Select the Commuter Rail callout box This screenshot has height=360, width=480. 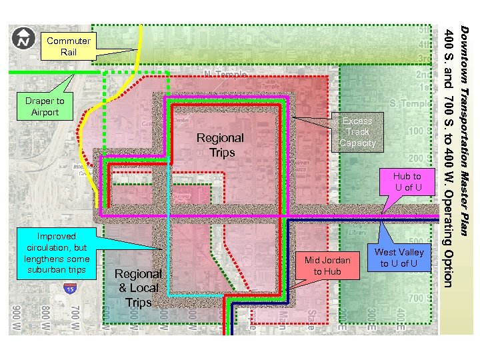pyautogui.click(x=69, y=47)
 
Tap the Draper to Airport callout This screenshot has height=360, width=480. pyautogui.click(x=45, y=107)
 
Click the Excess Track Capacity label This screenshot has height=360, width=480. pyautogui.click(x=357, y=132)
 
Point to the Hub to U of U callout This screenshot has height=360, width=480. pyautogui.click(x=407, y=181)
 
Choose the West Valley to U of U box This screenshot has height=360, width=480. pyautogui.click(x=399, y=257)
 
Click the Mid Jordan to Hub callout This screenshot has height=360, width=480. pyautogui.click(x=327, y=266)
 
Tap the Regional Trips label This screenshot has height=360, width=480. pyautogui.click(x=220, y=145)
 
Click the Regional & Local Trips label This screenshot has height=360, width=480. pyautogui.click(x=138, y=287)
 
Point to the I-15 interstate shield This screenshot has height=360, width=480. pyautogui.click(x=69, y=289)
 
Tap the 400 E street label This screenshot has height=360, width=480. pyautogui.click(x=399, y=319)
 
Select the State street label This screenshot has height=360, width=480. pyautogui.click(x=311, y=319)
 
